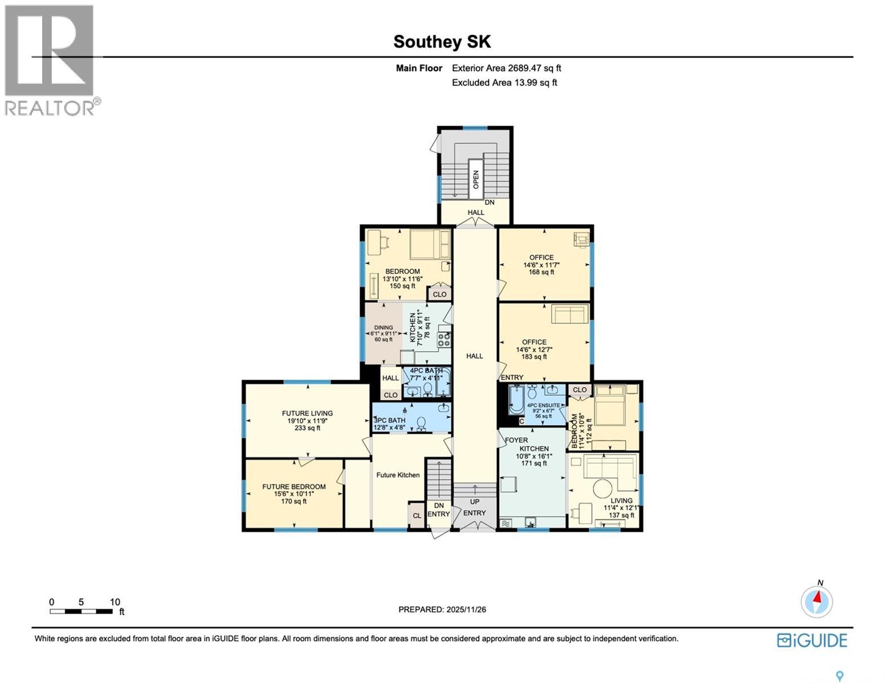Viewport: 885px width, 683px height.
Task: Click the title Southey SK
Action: (x=442, y=42)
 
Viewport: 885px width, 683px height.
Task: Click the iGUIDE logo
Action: (x=812, y=640)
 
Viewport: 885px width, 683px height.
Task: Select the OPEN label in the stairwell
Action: (x=475, y=180)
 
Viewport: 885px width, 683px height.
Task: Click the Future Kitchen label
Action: (x=398, y=475)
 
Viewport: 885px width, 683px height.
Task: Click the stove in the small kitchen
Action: (x=444, y=339)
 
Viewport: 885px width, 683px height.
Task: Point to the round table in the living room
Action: (x=602, y=488)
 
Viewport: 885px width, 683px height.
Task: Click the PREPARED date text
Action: (x=442, y=610)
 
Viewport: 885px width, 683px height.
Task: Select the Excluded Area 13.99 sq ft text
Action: (x=504, y=83)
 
